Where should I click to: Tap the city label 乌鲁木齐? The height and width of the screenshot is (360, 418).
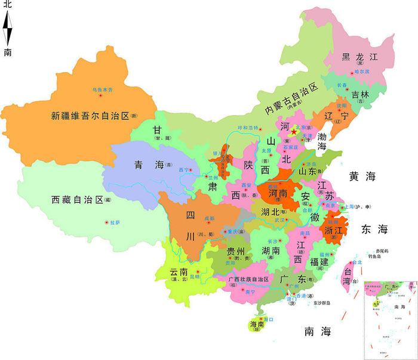102,89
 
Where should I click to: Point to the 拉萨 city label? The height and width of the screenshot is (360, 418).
115,222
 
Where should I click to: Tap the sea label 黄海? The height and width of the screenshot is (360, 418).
362,176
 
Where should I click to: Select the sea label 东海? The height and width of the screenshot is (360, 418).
374,229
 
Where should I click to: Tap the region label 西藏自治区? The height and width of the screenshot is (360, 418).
78,199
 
